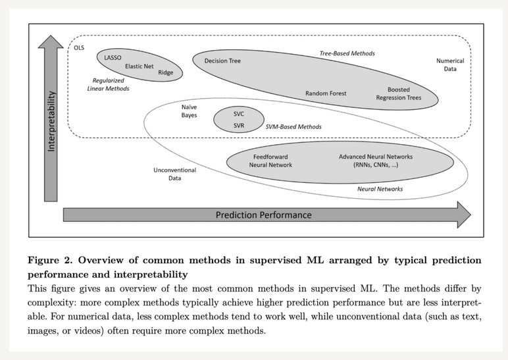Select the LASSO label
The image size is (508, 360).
[113, 57]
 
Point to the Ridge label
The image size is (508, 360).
[165, 72]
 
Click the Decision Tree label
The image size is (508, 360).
[222, 61]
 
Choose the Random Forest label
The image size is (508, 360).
[326, 93]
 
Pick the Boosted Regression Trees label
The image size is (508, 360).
[399, 93]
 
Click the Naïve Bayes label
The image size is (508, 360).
[190, 111]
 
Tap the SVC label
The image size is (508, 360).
[239, 113]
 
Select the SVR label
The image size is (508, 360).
[239, 124]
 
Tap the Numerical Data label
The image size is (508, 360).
[450, 64]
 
